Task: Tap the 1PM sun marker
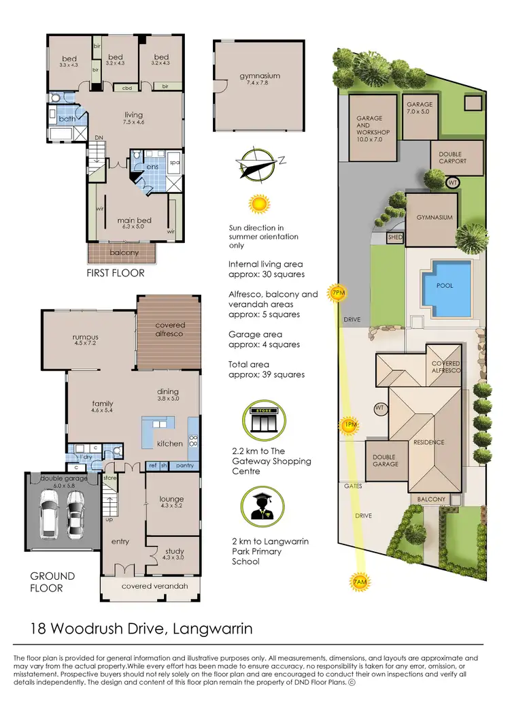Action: (350, 426)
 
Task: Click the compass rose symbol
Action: (259, 163)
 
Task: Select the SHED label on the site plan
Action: (395, 238)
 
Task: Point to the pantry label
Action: (184, 465)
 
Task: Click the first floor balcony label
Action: (123, 253)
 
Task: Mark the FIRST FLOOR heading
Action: (116, 273)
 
